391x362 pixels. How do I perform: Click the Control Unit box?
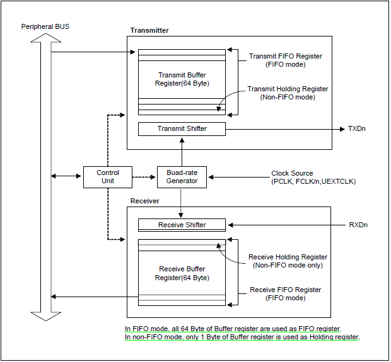108,177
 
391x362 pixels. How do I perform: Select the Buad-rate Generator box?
182,177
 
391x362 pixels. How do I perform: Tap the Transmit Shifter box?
182,129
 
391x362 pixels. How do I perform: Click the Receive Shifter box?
182,225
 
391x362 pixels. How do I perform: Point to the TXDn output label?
356,129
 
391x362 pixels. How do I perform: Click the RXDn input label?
358,225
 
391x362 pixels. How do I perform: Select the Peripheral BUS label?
45,27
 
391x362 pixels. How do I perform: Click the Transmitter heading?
149,30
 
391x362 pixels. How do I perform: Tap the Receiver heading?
145,201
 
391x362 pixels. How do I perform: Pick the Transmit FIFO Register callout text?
286,60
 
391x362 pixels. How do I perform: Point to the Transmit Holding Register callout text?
288,93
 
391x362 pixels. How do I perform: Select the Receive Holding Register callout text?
288,261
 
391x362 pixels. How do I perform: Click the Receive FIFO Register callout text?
286,294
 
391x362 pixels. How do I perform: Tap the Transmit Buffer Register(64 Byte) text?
182,79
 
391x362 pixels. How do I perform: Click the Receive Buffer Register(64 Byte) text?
182,273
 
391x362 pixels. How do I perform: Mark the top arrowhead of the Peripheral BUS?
46,40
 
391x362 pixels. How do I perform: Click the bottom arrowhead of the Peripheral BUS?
46,315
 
